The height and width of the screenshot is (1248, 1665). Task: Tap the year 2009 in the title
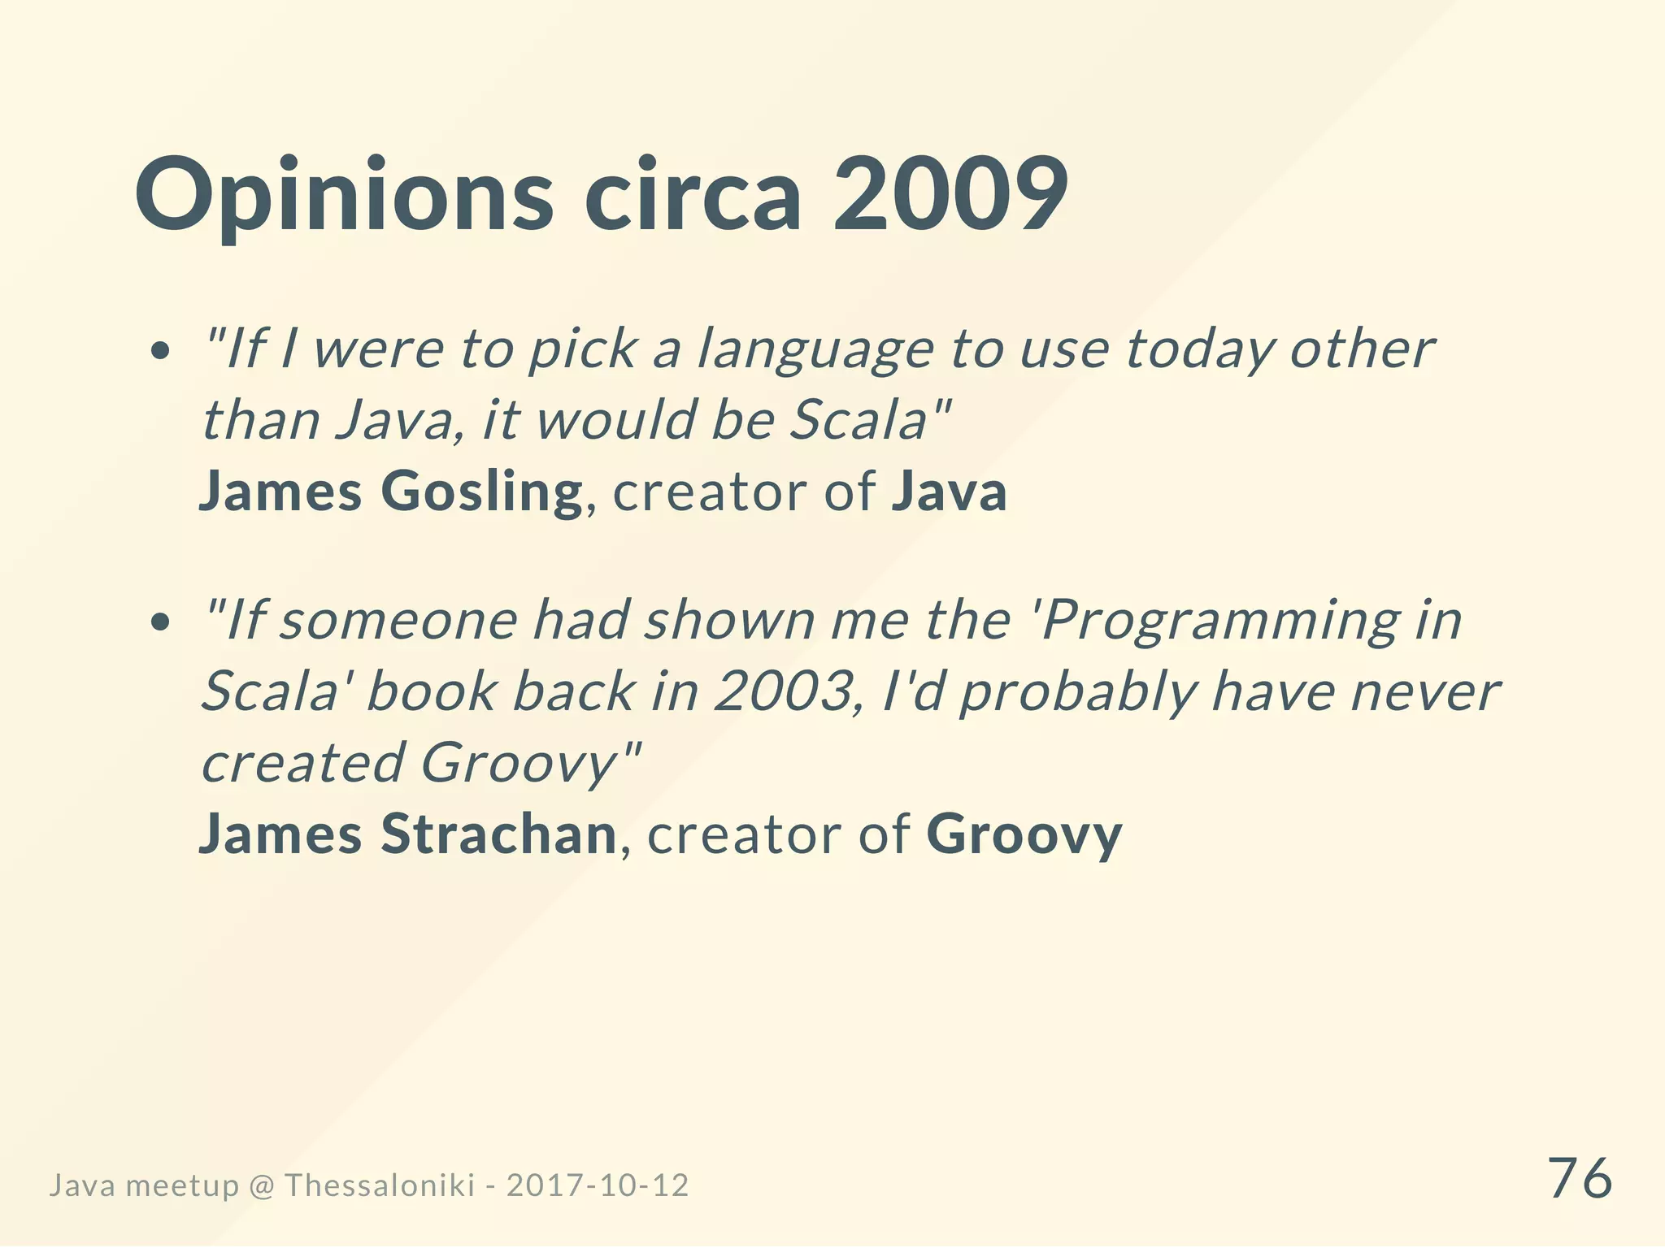950,195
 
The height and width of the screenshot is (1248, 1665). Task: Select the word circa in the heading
693,195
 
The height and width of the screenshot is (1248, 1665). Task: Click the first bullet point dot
161,351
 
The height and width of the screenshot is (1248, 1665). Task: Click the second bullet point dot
161,622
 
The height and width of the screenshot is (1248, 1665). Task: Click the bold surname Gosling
481,492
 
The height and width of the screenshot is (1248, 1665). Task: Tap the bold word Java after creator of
949,492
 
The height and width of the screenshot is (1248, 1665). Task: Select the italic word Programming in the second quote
1219,621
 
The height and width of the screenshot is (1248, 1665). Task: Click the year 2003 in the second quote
781,692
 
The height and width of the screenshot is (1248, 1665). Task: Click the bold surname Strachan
499,835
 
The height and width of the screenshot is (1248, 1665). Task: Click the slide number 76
1580,1178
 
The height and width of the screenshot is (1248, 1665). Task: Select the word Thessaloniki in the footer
380,1185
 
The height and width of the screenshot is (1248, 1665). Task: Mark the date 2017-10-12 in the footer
598,1185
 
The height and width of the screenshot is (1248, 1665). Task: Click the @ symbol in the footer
261,1186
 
